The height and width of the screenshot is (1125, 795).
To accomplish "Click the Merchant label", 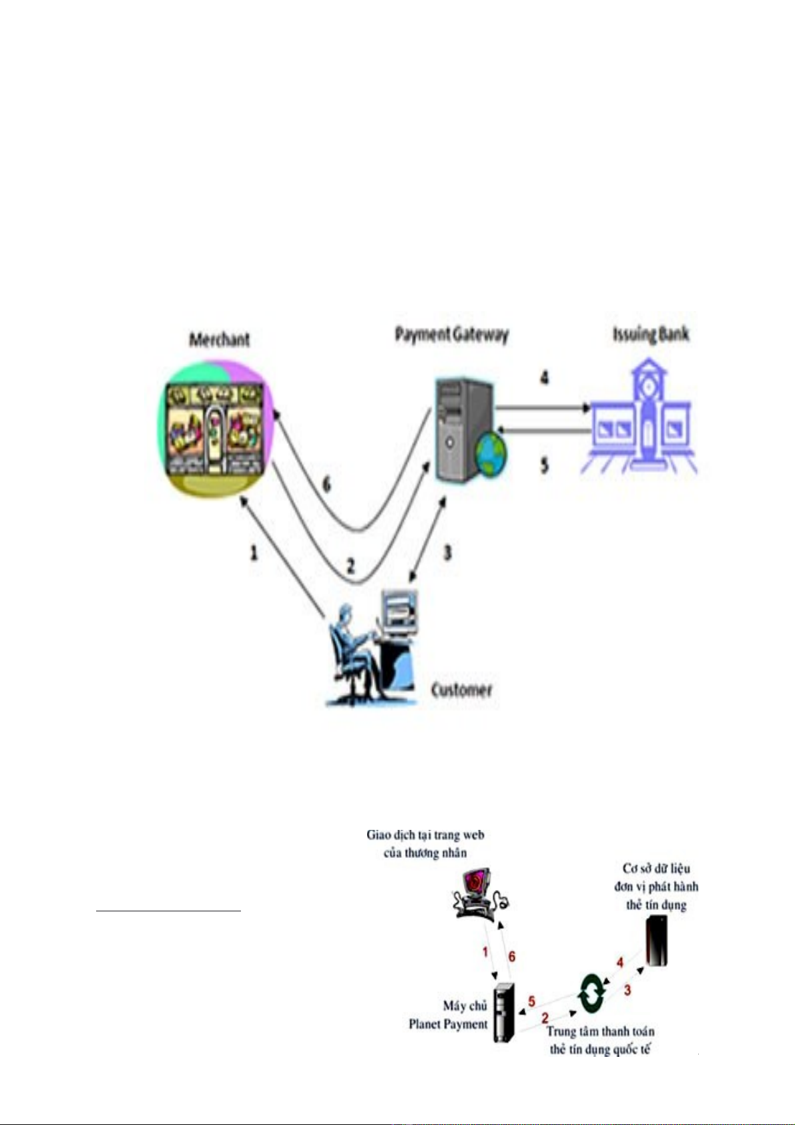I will pyautogui.click(x=219, y=339).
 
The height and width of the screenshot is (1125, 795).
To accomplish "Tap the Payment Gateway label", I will pyautogui.click(x=451, y=334).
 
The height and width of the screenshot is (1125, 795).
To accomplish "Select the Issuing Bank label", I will pyautogui.click(x=650, y=334).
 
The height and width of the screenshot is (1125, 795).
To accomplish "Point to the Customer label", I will pyautogui.click(x=461, y=689).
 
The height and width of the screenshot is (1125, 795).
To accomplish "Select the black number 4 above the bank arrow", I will pyautogui.click(x=545, y=378).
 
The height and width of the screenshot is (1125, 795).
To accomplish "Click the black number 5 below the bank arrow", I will pyautogui.click(x=545, y=465).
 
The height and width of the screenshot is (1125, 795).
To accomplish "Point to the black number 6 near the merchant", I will pyautogui.click(x=326, y=483).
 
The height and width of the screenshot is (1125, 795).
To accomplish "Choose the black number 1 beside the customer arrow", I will pyautogui.click(x=254, y=552).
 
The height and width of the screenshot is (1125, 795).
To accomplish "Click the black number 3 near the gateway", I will pyautogui.click(x=448, y=552).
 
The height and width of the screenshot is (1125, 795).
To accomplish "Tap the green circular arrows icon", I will pyautogui.click(x=591, y=992).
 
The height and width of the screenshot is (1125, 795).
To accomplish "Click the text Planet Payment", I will pyautogui.click(x=448, y=1024).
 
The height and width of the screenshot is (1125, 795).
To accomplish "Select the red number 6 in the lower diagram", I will pyautogui.click(x=512, y=957).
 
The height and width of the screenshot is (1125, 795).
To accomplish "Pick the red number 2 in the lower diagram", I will pyautogui.click(x=545, y=1018).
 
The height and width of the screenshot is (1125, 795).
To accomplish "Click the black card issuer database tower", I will pyautogui.click(x=657, y=941).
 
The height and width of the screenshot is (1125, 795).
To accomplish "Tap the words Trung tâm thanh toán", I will pyautogui.click(x=600, y=1032).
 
